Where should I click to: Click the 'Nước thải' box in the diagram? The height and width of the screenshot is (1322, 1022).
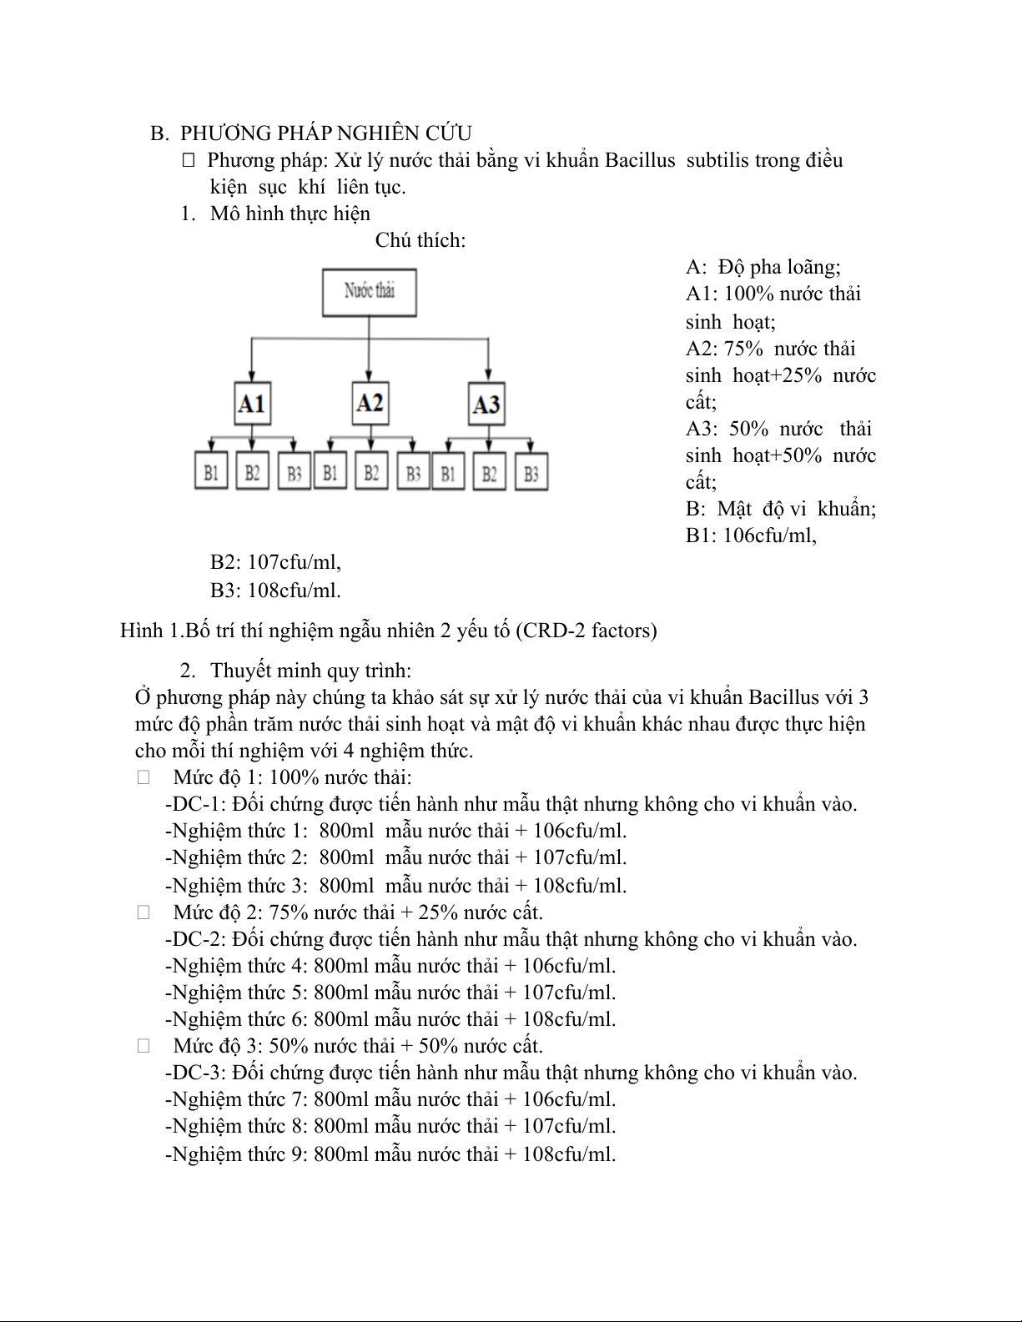click(370, 292)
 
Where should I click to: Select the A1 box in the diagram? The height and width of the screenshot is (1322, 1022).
click(251, 404)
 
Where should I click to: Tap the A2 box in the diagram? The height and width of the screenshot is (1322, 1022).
click(370, 403)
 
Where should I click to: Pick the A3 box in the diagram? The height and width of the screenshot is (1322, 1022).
click(486, 405)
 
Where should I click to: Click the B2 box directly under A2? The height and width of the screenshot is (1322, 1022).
click(371, 473)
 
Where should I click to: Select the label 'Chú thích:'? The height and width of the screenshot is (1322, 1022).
click(420, 240)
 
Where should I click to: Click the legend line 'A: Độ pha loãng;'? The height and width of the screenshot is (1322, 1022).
click(763, 267)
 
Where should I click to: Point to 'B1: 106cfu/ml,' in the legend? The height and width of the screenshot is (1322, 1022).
click(751, 535)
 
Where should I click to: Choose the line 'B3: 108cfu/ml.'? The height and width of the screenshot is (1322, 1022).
click(275, 591)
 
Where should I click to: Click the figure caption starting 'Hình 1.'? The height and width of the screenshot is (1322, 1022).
click(388, 631)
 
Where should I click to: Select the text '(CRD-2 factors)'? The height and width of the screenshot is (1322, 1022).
click(586, 631)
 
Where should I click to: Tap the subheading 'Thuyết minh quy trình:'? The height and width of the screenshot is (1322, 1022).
click(310, 671)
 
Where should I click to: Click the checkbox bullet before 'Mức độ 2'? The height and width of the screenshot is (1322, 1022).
click(144, 912)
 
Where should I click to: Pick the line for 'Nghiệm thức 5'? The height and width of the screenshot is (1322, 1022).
click(390, 993)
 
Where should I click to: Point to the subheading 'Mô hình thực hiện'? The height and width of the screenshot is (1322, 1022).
click(289, 214)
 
